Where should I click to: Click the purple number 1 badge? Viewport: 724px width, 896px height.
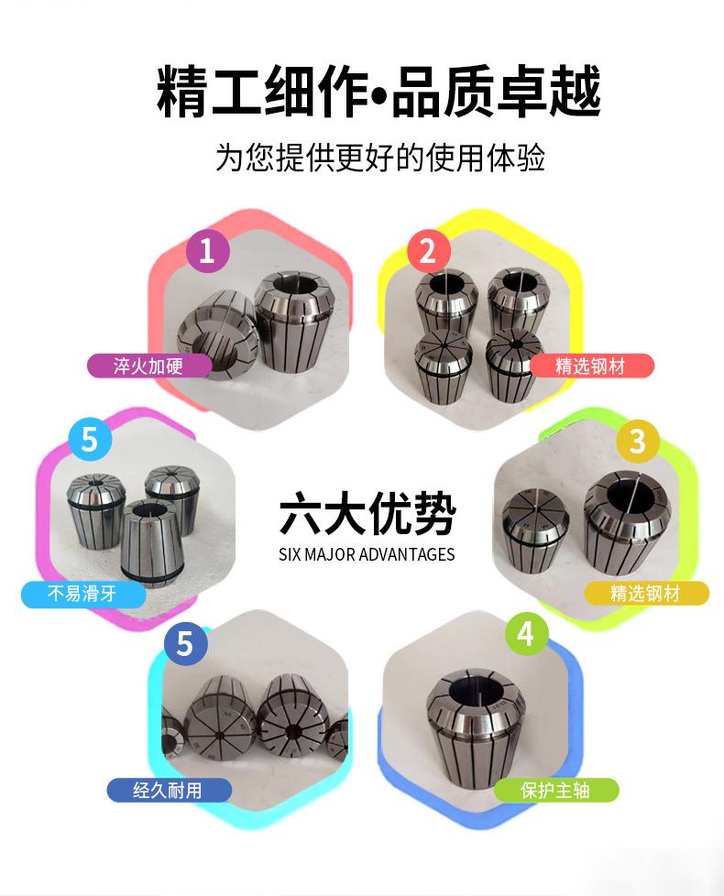coord(208,250)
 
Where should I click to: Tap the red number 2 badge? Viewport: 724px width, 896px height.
coord(429,251)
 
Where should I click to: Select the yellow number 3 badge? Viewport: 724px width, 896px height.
coord(638,441)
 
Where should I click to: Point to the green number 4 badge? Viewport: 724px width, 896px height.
coord(527,633)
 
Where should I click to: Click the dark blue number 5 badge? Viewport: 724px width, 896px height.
coord(185,643)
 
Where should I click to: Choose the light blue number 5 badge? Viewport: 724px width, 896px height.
coord(90,439)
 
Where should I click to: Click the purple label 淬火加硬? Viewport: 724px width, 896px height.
coord(149,366)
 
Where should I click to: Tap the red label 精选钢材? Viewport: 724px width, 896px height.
coord(591,366)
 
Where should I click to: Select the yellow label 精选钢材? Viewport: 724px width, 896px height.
coord(646,593)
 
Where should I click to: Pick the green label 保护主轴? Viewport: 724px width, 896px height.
coord(556,791)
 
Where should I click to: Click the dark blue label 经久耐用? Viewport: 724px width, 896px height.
coord(170,791)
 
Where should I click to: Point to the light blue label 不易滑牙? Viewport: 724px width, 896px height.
coord(83,594)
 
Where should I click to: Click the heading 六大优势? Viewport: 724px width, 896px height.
coord(367,513)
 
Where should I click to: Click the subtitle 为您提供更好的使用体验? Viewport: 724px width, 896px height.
coord(380,157)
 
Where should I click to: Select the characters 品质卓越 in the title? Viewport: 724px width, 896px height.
coord(496,92)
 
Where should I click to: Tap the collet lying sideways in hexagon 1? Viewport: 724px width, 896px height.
coord(217,333)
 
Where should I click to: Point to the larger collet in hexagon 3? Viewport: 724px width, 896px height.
coord(629,521)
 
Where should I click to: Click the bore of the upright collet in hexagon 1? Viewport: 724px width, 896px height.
coord(293,284)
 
